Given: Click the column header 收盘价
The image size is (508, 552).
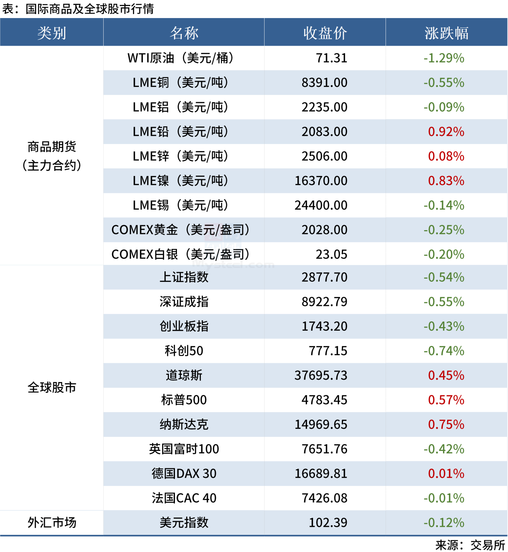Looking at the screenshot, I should (x=325, y=33).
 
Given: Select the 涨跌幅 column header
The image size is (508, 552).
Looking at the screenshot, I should (x=446, y=33).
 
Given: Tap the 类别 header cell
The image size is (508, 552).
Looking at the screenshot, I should (x=52, y=33).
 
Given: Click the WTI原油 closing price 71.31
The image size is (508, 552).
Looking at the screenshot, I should (x=331, y=58).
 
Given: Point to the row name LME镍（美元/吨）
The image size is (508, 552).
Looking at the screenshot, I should (x=181, y=181).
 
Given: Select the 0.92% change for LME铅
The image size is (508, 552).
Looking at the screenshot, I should (x=446, y=131).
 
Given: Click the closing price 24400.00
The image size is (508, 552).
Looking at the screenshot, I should (x=321, y=205).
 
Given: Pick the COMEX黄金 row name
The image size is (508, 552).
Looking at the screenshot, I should (x=181, y=230).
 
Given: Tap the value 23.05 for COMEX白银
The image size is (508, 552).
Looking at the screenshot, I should (x=331, y=254).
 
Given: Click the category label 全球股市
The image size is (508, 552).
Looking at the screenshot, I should (x=52, y=388).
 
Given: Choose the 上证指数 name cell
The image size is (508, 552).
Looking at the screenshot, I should (x=184, y=277).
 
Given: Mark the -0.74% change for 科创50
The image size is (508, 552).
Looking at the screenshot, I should (x=444, y=351).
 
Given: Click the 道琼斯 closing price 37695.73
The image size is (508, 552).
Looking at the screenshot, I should (x=321, y=375).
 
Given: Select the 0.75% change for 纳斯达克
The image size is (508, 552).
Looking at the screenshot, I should (x=446, y=424).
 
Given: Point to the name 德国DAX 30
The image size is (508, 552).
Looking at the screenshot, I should (x=184, y=473).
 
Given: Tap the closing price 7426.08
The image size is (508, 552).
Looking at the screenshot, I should (x=325, y=498).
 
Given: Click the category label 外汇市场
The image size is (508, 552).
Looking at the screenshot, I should (x=52, y=522).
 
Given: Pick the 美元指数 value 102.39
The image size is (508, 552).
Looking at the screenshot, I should (x=328, y=522).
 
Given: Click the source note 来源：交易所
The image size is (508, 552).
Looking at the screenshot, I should (x=470, y=545).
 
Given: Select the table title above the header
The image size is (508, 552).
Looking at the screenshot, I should (x=78, y=9).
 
